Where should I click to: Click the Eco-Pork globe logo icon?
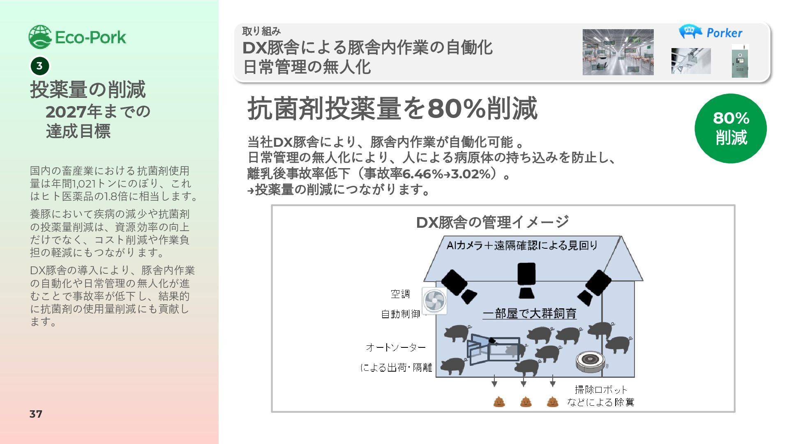pyautogui.click(x=40, y=37)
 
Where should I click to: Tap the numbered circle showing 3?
pyautogui.click(x=39, y=66)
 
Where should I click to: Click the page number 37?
pyautogui.click(x=36, y=414)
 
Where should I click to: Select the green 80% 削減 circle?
pyautogui.click(x=730, y=128)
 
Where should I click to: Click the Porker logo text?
pyautogui.click(x=724, y=33)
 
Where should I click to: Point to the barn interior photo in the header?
pyautogui.click(x=618, y=52)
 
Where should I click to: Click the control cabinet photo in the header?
pyautogui.click(x=740, y=61)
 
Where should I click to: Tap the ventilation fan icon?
pyautogui.click(x=434, y=301)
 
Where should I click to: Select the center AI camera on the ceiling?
pyautogui.click(x=526, y=280)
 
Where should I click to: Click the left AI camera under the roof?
pyautogui.click(x=458, y=286)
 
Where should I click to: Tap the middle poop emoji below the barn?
pyautogui.click(x=526, y=402)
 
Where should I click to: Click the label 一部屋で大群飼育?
pyautogui.click(x=529, y=314)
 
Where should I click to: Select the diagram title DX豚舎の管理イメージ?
pyautogui.click(x=492, y=222)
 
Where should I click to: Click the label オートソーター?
pyautogui.click(x=396, y=347)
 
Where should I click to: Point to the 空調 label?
pyautogui.click(x=400, y=294)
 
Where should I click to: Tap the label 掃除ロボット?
pyautogui.click(x=601, y=389)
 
